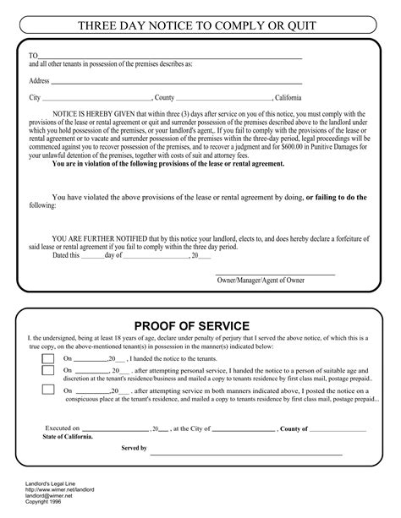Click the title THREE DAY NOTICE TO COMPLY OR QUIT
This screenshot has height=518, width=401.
(200, 26)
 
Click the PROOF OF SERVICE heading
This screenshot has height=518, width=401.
(203, 326)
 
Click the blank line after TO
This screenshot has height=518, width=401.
(169, 57)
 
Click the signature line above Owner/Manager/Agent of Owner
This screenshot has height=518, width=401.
(270, 273)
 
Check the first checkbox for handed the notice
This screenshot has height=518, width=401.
(49, 358)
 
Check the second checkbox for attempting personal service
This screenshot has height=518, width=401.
(49, 374)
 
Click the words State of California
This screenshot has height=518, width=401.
(69, 438)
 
